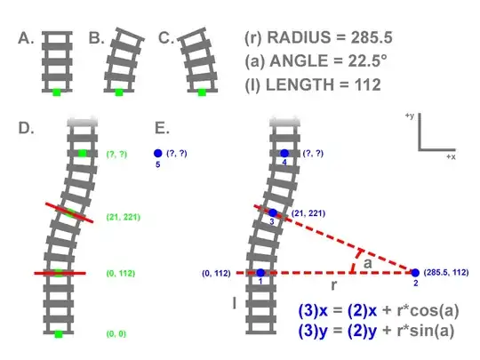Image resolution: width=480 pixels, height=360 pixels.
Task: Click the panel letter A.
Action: coord(26,38)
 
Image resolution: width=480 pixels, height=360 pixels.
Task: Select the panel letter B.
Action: coord(96,38)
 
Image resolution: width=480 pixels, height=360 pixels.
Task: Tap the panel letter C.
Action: coord(166,38)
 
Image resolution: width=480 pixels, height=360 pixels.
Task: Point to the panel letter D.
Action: coord(26,128)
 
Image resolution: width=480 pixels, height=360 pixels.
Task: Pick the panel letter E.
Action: coord(163,128)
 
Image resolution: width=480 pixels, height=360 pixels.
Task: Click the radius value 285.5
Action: coord(372,37)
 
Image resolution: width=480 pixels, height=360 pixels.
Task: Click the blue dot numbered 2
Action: coord(415,273)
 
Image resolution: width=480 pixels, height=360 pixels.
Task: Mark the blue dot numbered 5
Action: coord(158,154)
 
